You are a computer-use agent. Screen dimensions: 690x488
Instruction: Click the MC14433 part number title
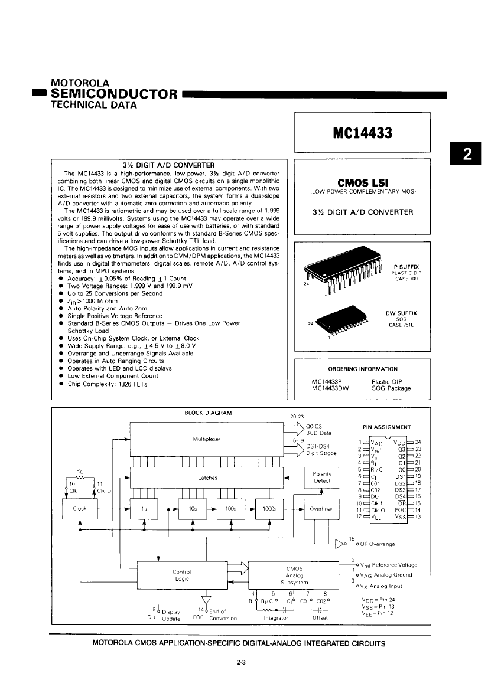(362, 133)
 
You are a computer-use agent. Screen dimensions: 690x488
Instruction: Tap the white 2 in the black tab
(467, 154)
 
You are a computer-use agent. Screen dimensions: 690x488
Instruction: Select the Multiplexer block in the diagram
(207, 440)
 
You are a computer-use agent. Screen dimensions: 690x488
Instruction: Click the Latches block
(207, 478)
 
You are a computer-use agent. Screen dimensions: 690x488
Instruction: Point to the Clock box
(80, 508)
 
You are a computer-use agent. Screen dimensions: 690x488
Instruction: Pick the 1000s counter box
(269, 508)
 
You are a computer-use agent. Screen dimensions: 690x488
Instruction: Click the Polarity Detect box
(322, 477)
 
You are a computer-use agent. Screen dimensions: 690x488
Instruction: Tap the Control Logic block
(181, 575)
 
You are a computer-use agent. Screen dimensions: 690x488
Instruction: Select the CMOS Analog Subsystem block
(294, 575)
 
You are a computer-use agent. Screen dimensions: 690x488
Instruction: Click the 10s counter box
(193, 508)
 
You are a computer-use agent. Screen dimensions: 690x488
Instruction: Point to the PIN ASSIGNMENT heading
(386, 427)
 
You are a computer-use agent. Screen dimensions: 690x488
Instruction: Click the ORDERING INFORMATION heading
(363, 369)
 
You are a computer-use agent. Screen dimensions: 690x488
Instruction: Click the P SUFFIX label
(405, 267)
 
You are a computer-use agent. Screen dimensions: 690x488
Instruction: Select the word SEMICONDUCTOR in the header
(115, 94)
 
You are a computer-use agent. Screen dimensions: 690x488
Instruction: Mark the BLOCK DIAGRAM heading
(209, 413)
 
